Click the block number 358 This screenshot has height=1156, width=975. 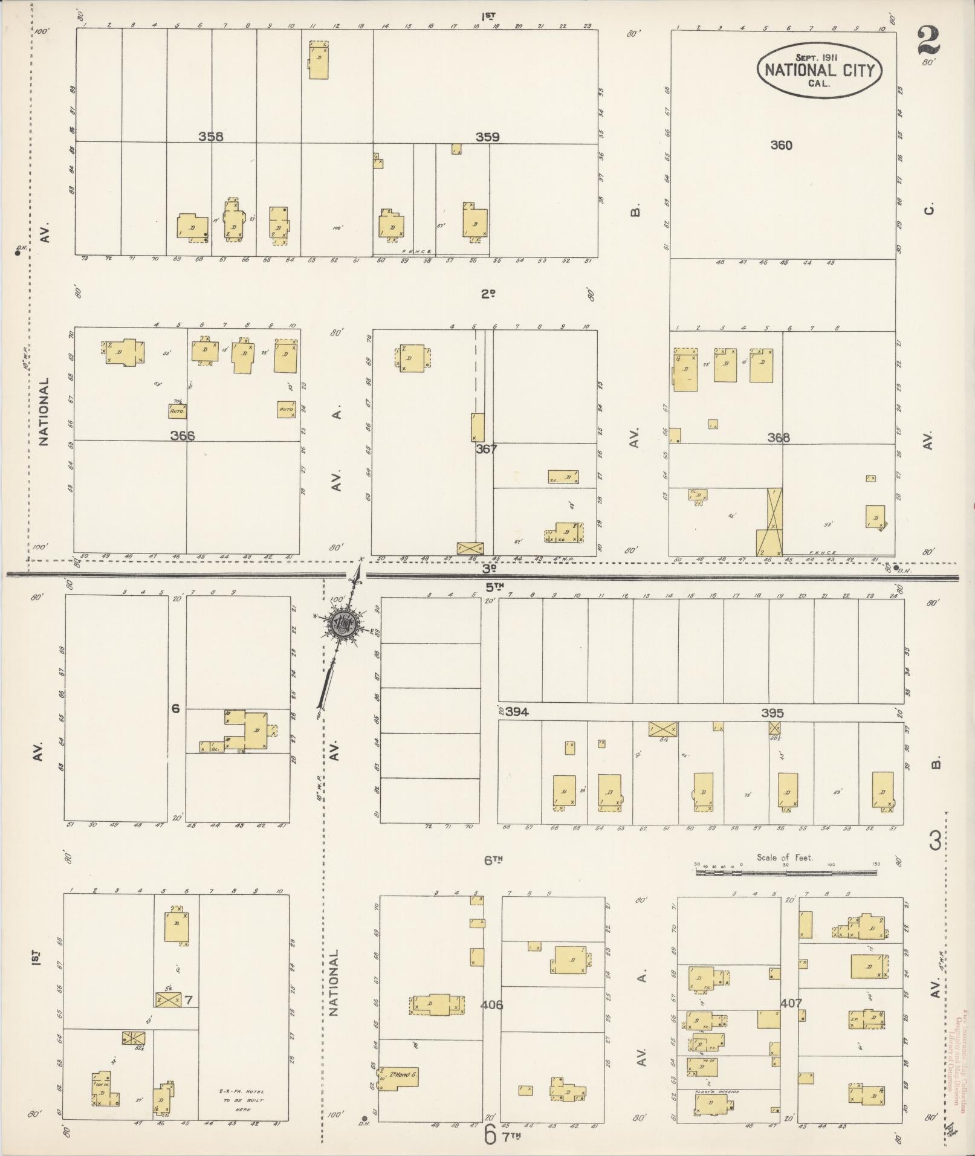(211, 137)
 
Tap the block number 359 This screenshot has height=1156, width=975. (487, 137)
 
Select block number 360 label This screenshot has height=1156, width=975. (781, 145)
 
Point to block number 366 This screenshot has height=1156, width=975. (182, 436)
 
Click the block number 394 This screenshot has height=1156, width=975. (517, 712)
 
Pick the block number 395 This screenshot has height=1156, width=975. (772, 713)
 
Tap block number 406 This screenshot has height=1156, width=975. (491, 1004)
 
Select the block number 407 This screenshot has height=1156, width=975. (791, 1003)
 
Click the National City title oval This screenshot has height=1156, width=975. (819, 70)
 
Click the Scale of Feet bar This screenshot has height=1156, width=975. (786, 872)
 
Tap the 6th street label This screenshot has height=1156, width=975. (493, 861)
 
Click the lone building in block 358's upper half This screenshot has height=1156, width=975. (319, 60)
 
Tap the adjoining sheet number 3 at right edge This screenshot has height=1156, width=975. (935, 841)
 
